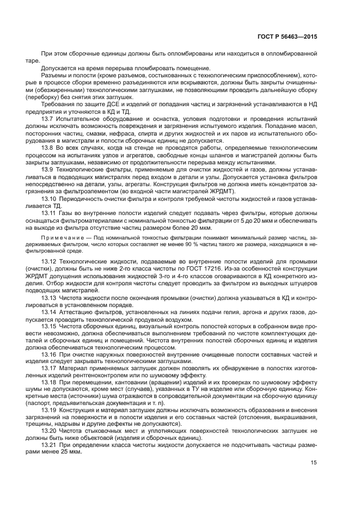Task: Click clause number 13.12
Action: [49, 263]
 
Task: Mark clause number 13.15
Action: [49, 326]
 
